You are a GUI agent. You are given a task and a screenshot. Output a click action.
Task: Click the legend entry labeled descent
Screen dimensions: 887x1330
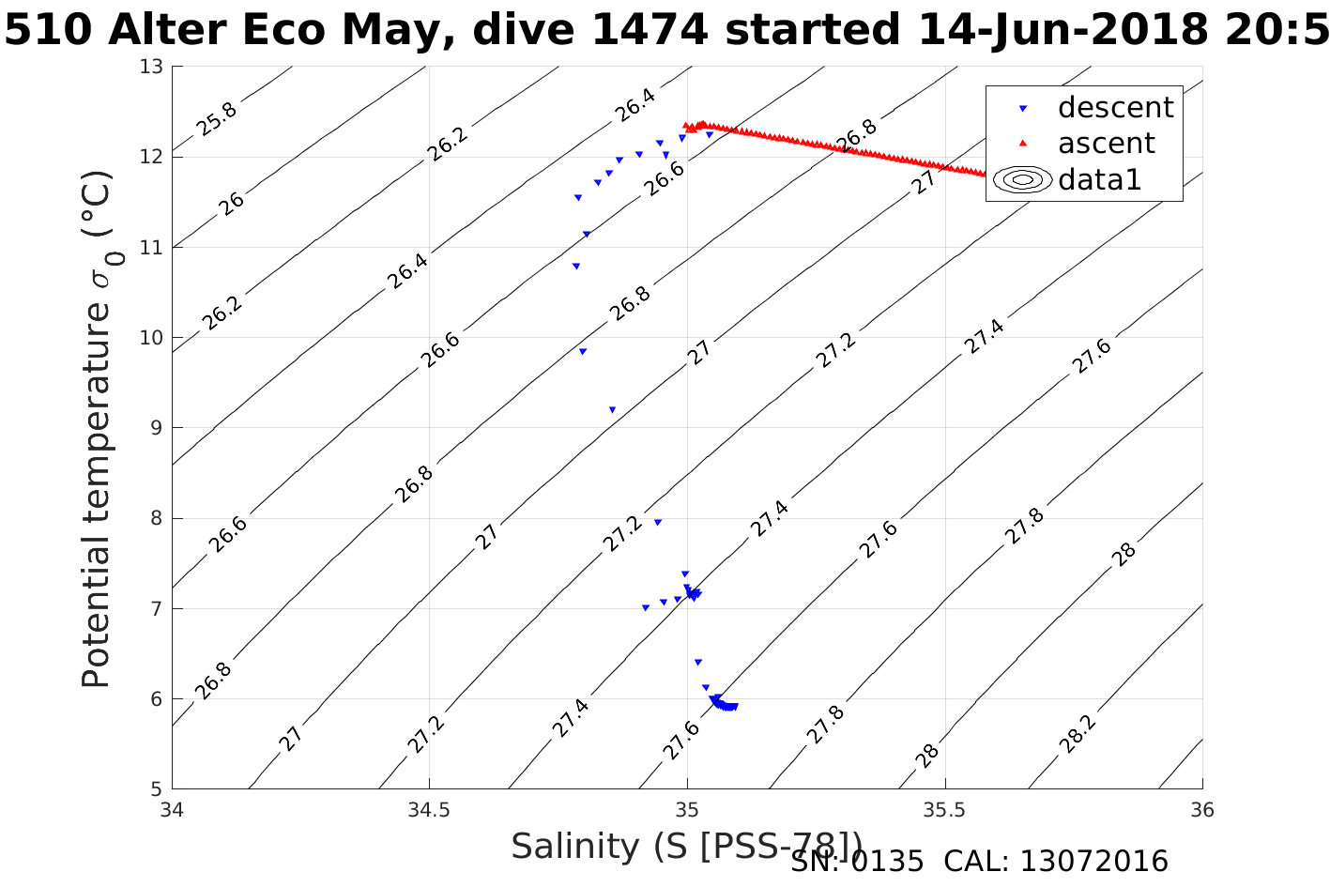coord(1115,108)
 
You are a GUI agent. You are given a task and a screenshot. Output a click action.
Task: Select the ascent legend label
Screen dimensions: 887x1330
coord(1106,144)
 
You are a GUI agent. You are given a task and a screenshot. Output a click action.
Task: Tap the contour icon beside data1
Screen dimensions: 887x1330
coord(1023,179)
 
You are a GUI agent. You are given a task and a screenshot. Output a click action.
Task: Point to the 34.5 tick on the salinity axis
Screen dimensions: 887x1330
coord(429,809)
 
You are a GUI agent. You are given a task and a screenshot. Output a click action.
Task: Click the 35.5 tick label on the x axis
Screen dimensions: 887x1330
coord(944,809)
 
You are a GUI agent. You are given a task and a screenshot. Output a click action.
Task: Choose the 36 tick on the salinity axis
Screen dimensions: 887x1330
coord(1201,809)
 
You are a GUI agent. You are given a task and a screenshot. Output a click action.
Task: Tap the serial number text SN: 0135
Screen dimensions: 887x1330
coord(857,862)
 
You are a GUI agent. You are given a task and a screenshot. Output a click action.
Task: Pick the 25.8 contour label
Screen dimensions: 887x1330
coord(217,118)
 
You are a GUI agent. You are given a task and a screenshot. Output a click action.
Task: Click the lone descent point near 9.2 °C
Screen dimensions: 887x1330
coord(612,409)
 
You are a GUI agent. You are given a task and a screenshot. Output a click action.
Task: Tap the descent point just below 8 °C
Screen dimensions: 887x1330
coord(657,522)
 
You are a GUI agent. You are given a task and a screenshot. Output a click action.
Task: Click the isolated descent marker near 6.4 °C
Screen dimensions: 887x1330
coord(697,662)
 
